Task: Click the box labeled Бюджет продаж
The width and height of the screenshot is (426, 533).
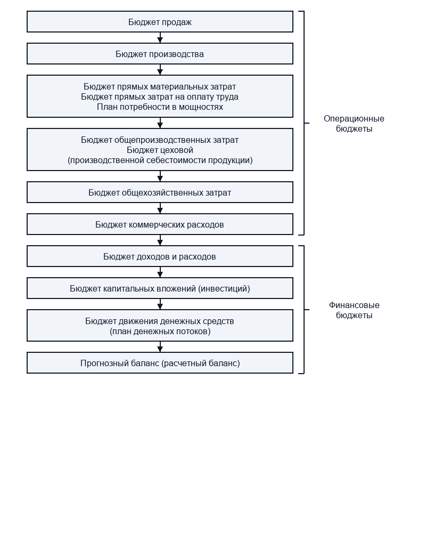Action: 160,22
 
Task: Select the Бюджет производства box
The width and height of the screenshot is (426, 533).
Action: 160,54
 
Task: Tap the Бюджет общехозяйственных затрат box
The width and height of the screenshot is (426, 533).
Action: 160,192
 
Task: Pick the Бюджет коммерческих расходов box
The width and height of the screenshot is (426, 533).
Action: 160,224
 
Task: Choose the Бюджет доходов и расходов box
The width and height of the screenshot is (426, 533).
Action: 160,256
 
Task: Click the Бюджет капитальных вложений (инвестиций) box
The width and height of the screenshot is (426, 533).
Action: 160,288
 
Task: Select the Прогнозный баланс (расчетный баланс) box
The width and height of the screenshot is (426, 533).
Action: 160,363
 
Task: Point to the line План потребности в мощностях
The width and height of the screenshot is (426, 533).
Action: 160,107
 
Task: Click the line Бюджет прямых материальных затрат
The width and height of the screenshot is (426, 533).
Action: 160,87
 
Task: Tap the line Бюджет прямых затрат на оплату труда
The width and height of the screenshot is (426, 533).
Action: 160,97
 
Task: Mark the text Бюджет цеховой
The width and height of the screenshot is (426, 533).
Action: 160,150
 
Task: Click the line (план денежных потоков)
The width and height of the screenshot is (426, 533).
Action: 160,332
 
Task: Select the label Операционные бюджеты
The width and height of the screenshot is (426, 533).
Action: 354,124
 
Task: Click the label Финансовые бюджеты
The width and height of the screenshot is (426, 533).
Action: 354,310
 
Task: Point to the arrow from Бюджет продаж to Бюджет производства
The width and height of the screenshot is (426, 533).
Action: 160,38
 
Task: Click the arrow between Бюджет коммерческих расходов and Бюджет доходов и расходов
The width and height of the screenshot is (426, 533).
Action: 160,240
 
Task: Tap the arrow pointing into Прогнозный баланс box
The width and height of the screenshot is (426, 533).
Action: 160,347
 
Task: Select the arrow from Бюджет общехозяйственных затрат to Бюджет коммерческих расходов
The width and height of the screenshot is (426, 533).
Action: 160,208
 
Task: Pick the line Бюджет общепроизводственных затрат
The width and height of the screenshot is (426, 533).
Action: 160,140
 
